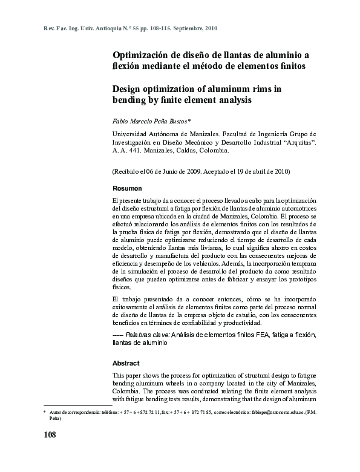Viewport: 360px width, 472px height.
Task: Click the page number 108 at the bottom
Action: point(50,435)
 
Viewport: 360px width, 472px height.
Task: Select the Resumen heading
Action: point(127,189)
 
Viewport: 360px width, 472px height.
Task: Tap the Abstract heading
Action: point(126,363)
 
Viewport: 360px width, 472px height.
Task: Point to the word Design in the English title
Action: point(129,88)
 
